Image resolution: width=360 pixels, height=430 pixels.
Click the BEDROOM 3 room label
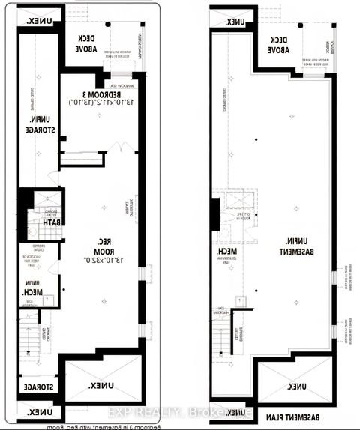(102, 96)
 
